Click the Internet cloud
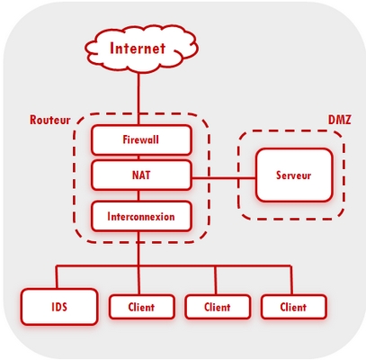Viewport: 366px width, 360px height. [x=141, y=49]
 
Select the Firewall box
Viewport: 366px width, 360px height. [x=141, y=139]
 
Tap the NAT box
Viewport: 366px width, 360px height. [x=141, y=175]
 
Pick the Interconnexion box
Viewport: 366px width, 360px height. [x=141, y=216]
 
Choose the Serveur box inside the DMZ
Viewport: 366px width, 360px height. [x=294, y=175]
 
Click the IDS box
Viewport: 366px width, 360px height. [x=59, y=307]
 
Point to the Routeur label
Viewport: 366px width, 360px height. [x=49, y=120]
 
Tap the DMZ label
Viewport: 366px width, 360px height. [x=340, y=120]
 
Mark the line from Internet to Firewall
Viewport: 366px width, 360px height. [x=138, y=98]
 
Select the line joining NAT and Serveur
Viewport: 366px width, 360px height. [x=224, y=178]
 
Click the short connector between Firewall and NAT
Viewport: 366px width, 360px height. [x=138, y=157]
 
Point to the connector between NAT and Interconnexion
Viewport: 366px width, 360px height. [x=138, y=195]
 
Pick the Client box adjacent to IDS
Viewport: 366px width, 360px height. [x=142, y=307]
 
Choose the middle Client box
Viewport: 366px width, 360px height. [x=218, y=307]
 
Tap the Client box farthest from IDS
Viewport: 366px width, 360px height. [x=294, y=307]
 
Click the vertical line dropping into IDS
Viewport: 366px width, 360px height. [x=57, y=277]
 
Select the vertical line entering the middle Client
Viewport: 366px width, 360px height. [x=215, y=280]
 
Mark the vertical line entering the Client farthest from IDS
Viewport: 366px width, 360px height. [x=290, y=280]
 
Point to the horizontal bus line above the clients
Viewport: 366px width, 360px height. [x=174, y=265]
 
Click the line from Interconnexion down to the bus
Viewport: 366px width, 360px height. [x=138, y=248]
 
